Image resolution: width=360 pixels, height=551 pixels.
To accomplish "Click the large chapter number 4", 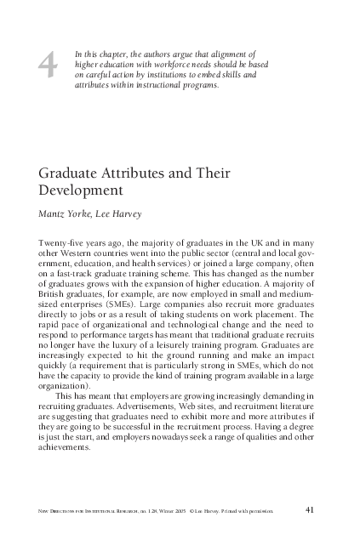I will pyautogui.click(x=49, y=67).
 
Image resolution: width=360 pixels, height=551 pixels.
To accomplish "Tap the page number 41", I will pyautogui.click(x=311, y=510).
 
